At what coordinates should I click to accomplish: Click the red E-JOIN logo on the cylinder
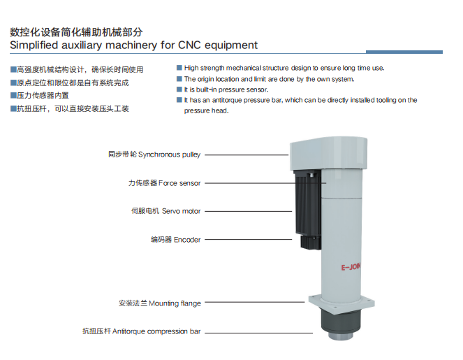351,267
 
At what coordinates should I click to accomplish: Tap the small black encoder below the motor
311,243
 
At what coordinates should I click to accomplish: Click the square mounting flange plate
341,304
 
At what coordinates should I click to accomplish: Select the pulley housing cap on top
329,153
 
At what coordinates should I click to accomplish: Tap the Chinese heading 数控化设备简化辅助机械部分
76,32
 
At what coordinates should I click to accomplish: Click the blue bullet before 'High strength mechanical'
179,68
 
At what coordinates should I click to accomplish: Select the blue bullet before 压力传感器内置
13,95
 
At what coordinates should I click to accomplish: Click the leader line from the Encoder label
249,239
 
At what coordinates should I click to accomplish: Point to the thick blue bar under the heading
404,52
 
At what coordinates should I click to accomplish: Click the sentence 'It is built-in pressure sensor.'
226,89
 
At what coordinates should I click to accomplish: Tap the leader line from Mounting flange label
254,302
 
